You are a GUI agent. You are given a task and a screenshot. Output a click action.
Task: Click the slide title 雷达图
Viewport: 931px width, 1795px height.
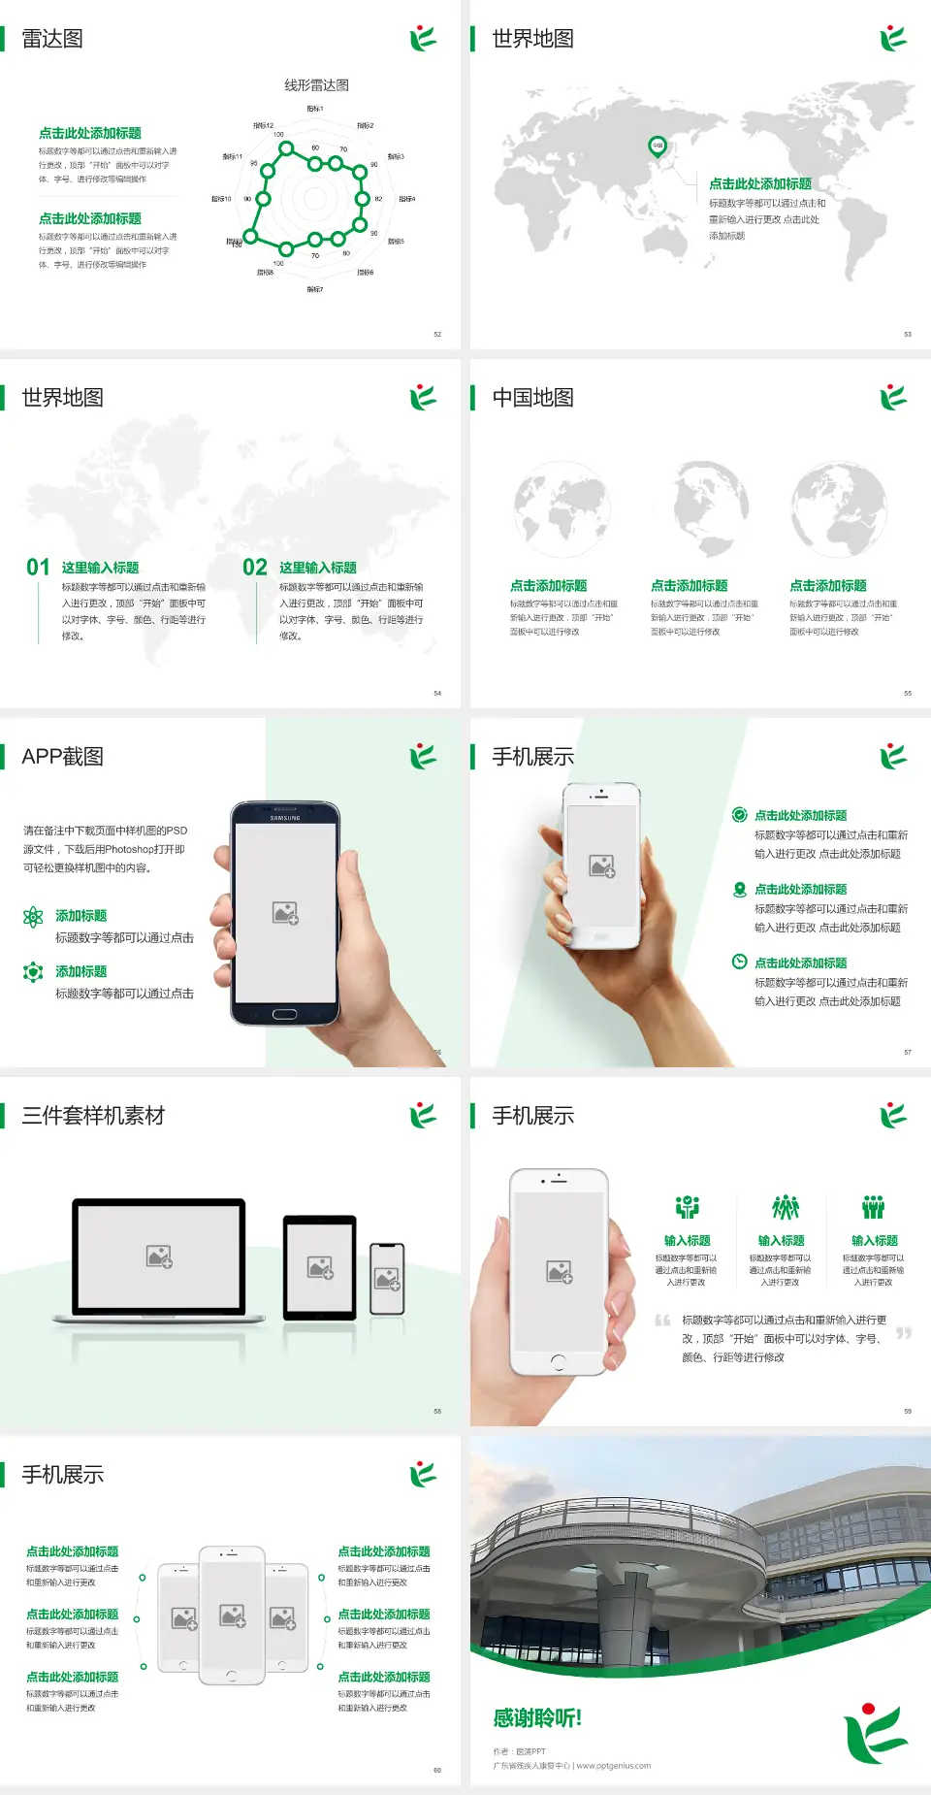click(52, 39)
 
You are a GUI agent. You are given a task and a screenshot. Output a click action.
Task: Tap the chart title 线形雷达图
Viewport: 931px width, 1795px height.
click(316, 85)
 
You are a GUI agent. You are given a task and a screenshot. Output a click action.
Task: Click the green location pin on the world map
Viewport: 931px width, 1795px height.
click(658, 147)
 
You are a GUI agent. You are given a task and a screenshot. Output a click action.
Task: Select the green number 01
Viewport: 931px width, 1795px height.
click(38, 568)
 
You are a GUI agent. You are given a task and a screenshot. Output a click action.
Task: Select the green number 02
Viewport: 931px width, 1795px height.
click(255, 568)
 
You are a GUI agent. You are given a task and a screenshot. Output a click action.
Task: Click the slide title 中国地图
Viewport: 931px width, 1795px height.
click(532, 398)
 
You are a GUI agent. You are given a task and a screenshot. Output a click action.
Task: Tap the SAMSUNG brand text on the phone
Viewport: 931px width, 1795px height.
click(285, 818)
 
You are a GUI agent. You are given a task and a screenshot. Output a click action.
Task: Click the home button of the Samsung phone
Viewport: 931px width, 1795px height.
click(284, 1014)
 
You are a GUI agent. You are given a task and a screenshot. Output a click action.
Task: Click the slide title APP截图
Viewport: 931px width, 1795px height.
click(63, 757)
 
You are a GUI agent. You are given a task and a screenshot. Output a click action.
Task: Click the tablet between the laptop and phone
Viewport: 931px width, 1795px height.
click(320, 1267)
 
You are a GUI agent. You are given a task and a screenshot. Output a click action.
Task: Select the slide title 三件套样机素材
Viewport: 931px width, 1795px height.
click(93, 1116)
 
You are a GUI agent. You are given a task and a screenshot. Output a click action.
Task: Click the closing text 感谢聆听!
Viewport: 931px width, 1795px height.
click(537, 1718)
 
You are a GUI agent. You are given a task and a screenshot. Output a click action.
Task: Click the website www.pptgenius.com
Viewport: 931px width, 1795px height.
click(614, 1766)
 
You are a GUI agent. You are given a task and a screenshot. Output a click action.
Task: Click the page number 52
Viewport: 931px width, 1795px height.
click(437, 335)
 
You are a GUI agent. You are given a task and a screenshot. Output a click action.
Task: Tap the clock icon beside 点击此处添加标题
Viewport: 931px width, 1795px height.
click(739, 962)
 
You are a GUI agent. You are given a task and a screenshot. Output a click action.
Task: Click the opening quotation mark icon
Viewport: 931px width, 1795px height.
click(662, 1321)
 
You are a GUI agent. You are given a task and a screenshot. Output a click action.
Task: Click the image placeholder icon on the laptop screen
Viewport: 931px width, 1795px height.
click(159, 1256)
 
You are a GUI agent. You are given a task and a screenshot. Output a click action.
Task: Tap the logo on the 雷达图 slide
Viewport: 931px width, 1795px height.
click(423, 39)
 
